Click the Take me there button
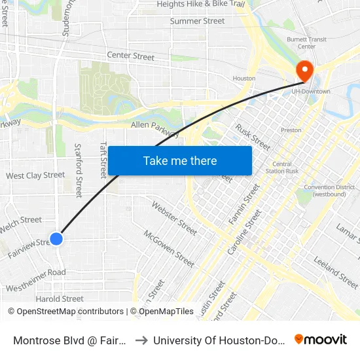[180, 160]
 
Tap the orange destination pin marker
[304, 71]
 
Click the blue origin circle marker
[57, 239]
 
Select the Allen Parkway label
[155, 128]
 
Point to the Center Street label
[131, 56]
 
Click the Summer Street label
[197, 21]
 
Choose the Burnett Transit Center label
[302, 43]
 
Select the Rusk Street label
[253, 137]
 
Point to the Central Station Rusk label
[282, 168]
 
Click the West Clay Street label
[35, 175]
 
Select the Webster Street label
[174, 218]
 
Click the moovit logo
[321, 339]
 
